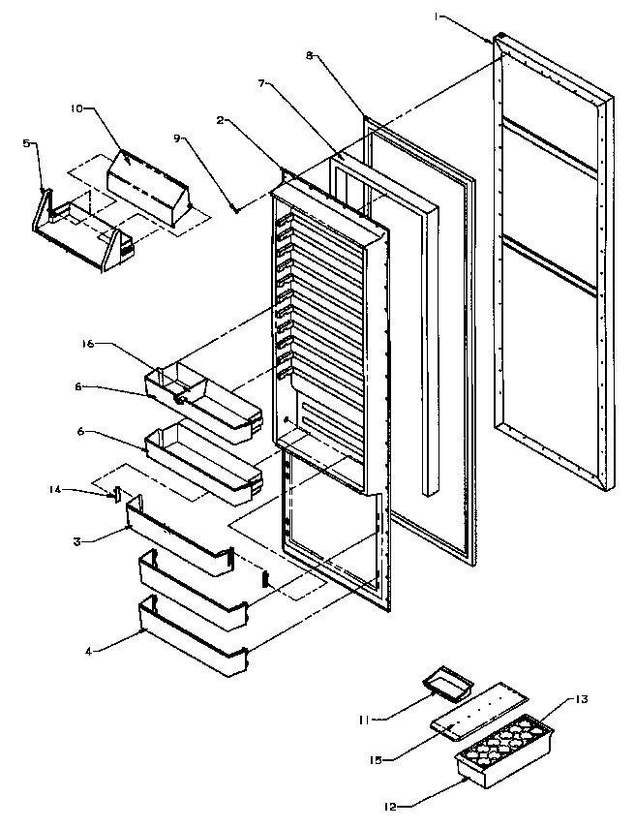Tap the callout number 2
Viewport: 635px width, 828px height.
coord(221,120)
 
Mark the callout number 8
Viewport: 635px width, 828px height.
coord(311,56)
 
